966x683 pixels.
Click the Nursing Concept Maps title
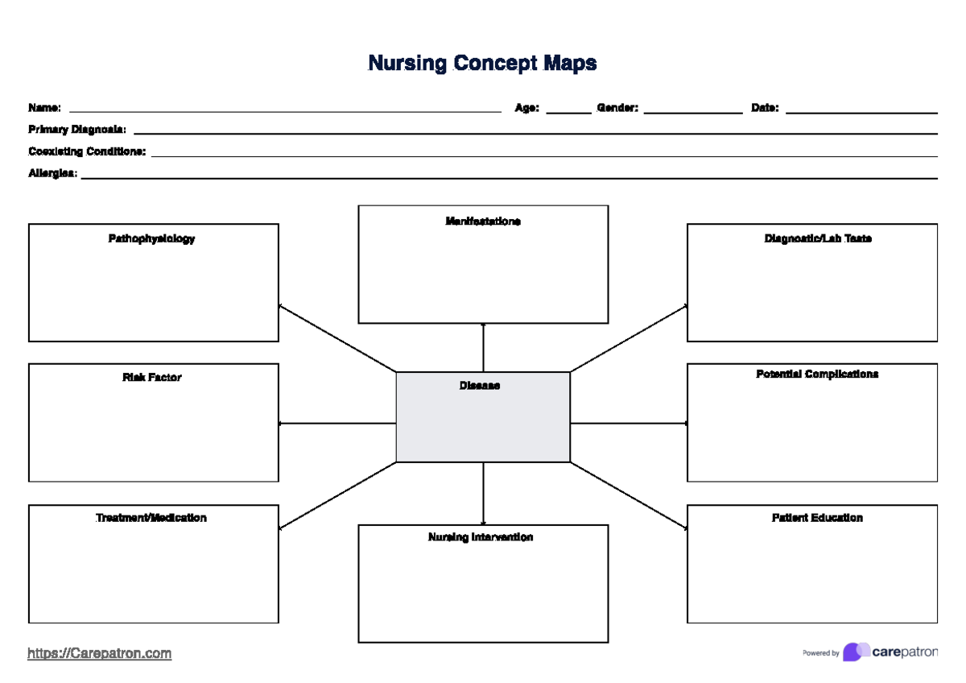(482, 63)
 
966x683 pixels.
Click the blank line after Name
(286, 110)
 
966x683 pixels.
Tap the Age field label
(526, 108)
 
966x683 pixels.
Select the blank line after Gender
(692, 111)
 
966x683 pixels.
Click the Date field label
(764, 108)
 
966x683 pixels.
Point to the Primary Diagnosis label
(77, 129)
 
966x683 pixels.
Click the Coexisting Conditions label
(87, 151)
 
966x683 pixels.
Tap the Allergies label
(53, 173)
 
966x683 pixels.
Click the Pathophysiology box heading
(151, 238)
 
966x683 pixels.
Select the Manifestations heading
(483, 221)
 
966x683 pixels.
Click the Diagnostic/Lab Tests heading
(817, 238)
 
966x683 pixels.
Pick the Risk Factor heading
(151, 377)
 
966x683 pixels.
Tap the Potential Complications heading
(817, 374)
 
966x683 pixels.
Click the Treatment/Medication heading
(151, 518)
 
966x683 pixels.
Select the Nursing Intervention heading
(481, 537)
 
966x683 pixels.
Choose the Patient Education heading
(817, 518)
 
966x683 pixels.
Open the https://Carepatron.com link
(99, 653)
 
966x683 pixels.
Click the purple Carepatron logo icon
(855, 652)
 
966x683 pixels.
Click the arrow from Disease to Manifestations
(483, 348)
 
